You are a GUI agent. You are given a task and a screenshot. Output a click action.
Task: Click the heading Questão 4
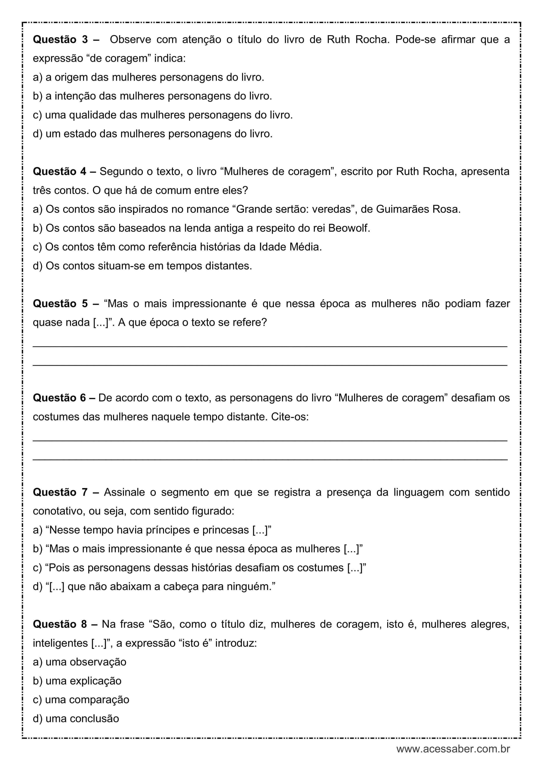click(60, 172)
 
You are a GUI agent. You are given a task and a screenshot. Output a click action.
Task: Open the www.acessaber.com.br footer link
click(453, 749)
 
